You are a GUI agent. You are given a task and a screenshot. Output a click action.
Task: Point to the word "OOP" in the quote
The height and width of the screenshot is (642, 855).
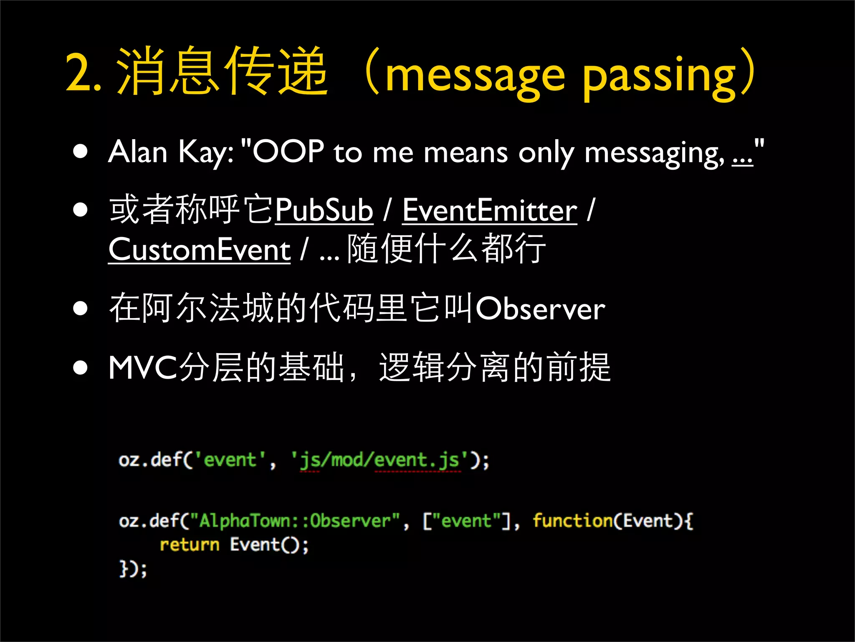(x=288, y=151)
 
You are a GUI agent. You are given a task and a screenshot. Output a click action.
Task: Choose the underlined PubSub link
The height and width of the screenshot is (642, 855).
(x=324, y=210)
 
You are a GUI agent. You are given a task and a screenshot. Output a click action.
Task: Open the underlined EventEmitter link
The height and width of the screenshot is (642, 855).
(x=490, y=210)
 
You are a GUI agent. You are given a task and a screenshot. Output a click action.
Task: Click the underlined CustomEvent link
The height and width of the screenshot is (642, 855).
(x=199, y=250)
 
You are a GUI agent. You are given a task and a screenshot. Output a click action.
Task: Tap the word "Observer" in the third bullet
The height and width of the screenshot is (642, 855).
(x=540, y=309)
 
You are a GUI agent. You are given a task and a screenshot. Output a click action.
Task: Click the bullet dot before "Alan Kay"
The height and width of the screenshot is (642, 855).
(x=80, y=151)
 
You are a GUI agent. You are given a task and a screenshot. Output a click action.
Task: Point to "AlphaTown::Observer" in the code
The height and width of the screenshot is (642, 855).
(x=295, y=521)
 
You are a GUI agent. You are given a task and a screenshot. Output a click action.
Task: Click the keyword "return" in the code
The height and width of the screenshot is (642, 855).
(x=189, y=545)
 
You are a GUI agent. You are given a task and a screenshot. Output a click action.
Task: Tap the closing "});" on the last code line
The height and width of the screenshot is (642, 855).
(x=133, y=569)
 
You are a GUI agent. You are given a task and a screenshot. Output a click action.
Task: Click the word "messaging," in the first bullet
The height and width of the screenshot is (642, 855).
(x=654, y=153)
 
